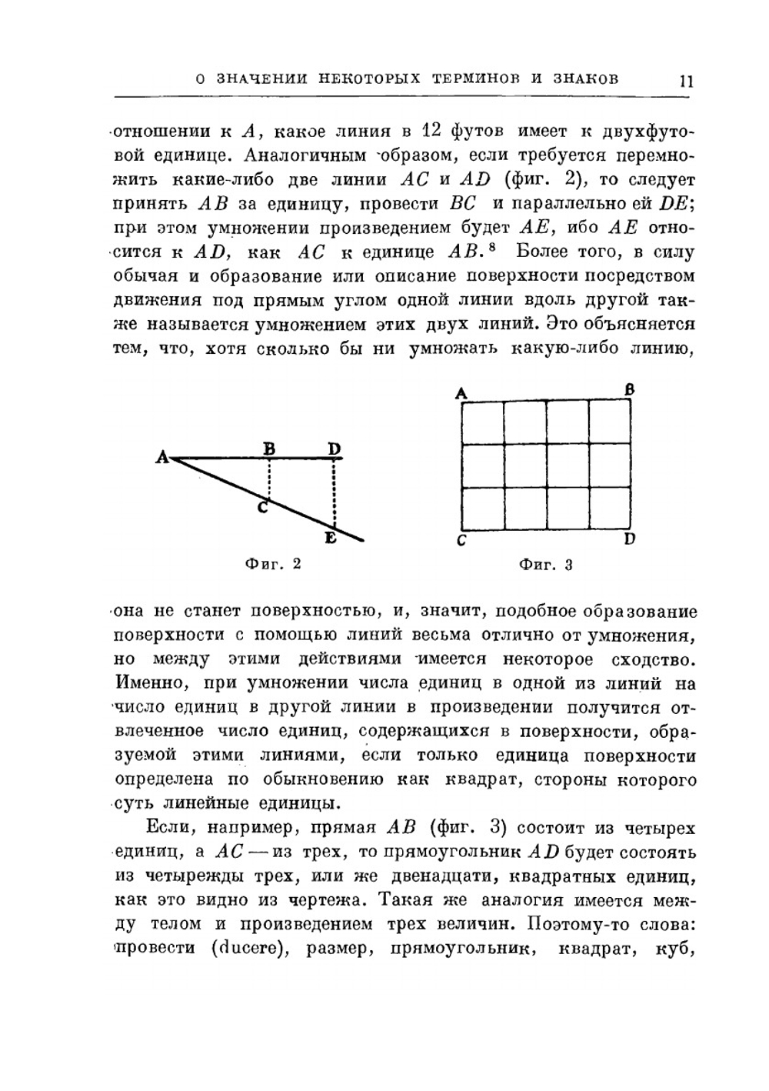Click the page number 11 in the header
click(x=686, y=80)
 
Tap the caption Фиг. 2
click(x=272, y=564)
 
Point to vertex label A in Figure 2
click(x=162, y=458)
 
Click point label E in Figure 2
click(x=330, y=538)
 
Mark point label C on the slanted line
click(x=262, y=508)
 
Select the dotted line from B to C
click(x=268, y=479)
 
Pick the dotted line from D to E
click(x=334, y=492)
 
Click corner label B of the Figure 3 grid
click(x=629, y=390)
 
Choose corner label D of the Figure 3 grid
click(x=629, y=539)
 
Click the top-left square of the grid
click(x=483, y=422)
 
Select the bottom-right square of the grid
click(x=610, y=509)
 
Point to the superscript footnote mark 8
click(x=491, y=247)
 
